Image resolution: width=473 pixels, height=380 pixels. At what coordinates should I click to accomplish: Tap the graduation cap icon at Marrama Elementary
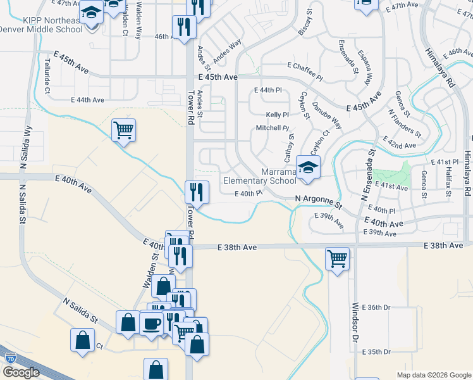pos(308,168)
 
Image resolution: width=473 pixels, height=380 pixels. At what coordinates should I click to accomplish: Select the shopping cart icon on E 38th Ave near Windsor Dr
pos(337,258)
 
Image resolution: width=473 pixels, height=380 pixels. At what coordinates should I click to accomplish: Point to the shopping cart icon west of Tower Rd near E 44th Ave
pos(123,130)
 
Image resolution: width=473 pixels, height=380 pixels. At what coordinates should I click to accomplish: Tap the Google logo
pos(20,372)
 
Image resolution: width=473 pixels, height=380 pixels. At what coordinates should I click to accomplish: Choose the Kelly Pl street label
pos(277,115)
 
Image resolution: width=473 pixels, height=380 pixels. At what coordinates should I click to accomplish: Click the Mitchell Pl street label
pos(272,128)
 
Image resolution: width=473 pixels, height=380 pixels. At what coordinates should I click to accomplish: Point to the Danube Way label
pos(328,117)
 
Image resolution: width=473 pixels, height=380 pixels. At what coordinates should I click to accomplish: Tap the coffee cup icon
pos(152,324)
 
